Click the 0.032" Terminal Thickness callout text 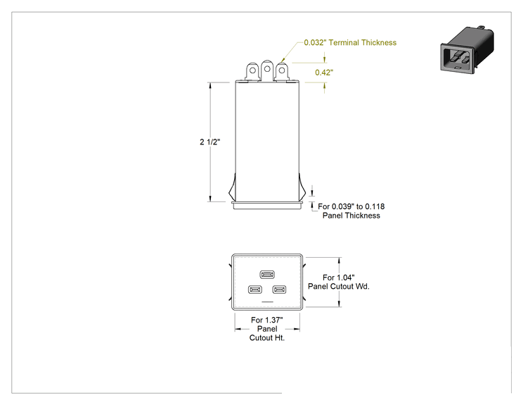pyautogui.click(x=350, y=42)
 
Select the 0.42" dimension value pyautogui.click(x=324, y=72)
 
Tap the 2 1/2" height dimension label pyautogui.click(x=209, y=142)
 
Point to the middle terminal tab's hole pyautogui.click(x=267, y=69)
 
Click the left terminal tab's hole pyautogui.click(x=252, y=70)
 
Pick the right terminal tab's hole pyautogui.click(x=282, y=70)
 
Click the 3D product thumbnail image pyautogui.click(x=467, y=49)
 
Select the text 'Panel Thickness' pyautogui.click(x=351, y=216)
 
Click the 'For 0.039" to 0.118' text pyautogui.click(x=351, y=206)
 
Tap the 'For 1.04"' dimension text pyautogui.click(x=339, y=278)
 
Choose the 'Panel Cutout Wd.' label pyautogui.click(x=339, y=287)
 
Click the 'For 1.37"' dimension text pyautogui.click(x=267, y=320)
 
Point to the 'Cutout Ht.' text pyautogui.click(x=267, y=338)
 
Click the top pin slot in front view pyautogui.click(x=267, y=275)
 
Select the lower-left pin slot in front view pyautogui.click(x=255, y=289)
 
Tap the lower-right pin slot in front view pyautogui.click(x=279, y=289)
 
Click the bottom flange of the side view pyautogui.click(x=267, y=205)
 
